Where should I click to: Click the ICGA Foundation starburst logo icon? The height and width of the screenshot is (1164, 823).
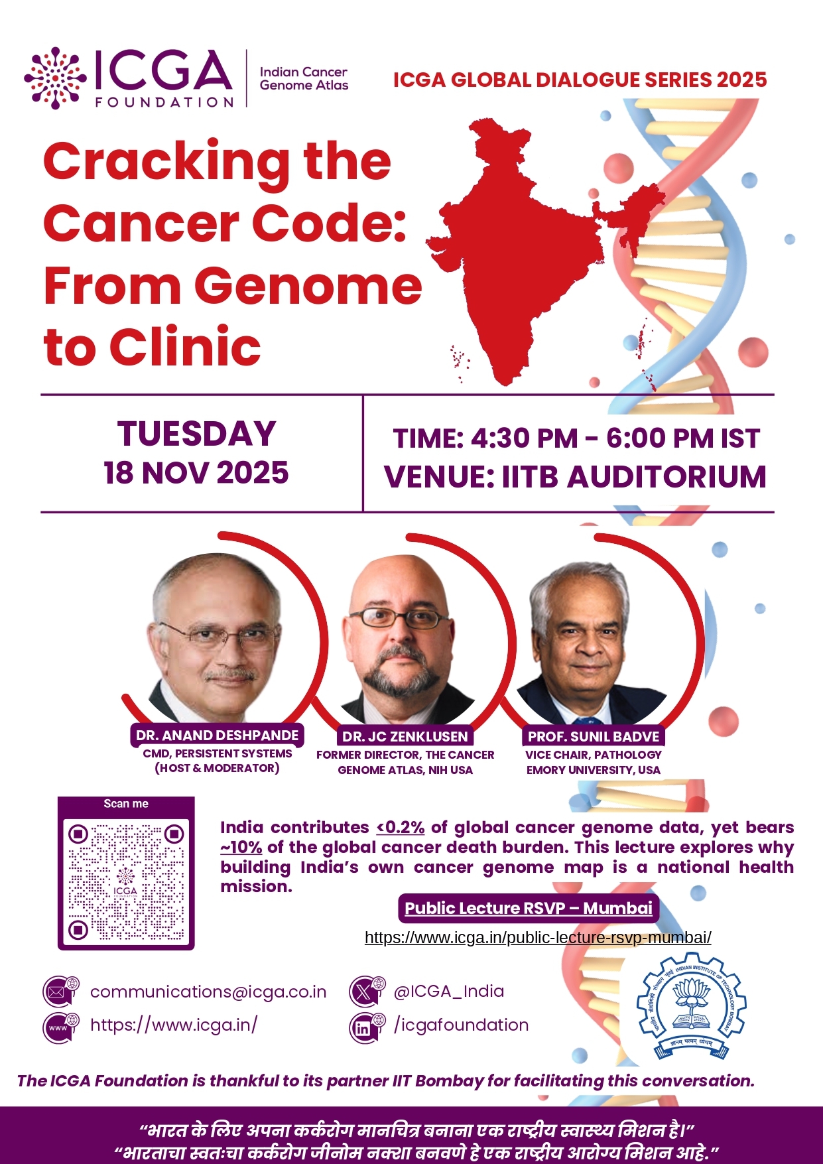point(55,78)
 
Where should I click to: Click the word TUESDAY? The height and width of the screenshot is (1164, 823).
point(197,434)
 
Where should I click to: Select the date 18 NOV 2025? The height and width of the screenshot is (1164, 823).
point(196,473)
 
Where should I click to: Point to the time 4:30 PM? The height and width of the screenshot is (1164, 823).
point(525,439)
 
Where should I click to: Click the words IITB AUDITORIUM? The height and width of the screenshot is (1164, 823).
point(635,478)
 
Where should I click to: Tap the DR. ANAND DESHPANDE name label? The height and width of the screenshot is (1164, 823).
point(217,735)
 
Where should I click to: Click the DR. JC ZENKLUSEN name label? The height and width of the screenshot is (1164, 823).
point(405,736)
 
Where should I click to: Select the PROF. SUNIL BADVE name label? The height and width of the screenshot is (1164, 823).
point(594,736)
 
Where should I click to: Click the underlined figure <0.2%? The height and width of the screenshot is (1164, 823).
point(401,827)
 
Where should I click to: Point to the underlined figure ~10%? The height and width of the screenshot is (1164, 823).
point(241,847)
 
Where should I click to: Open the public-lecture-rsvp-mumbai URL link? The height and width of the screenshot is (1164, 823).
point(538,937)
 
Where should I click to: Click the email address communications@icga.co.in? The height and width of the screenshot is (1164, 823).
point(208,992)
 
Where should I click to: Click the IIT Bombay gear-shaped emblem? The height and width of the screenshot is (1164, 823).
point(691,1006)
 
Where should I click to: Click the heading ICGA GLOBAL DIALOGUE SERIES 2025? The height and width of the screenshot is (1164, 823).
point(580,80)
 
